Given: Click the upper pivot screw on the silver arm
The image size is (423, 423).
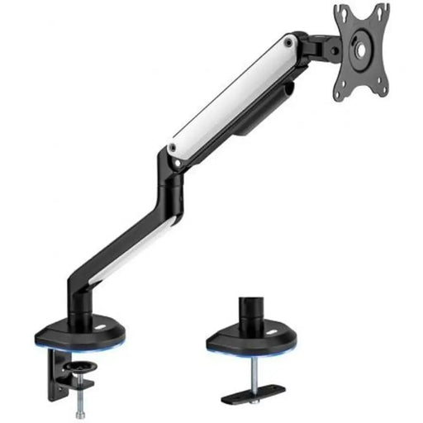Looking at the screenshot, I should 288,40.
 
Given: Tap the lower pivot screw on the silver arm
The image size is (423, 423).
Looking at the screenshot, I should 173,149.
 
